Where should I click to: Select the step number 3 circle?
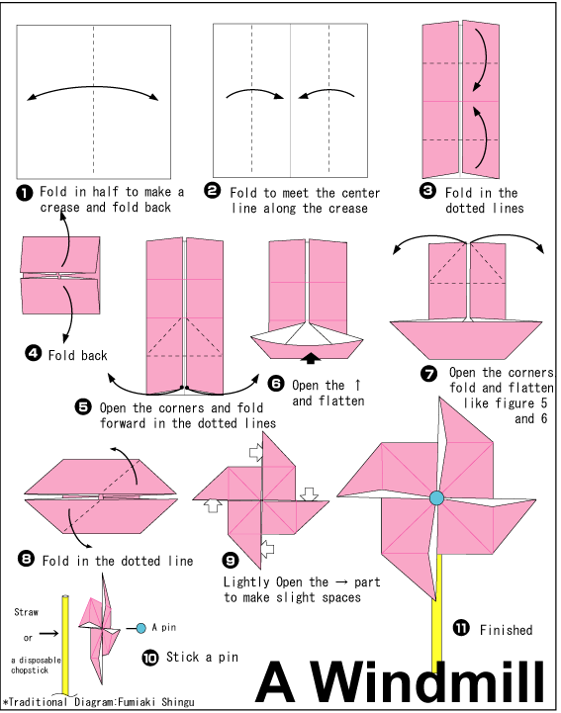(427, 192)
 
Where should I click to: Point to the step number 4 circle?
(32, 353)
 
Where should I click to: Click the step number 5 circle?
(82, 406)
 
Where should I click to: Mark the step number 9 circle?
(231, 560)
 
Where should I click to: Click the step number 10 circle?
(150, 655)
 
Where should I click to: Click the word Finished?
(506, 630)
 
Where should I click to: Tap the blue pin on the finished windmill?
(436, 498)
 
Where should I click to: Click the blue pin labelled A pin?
(143, 627)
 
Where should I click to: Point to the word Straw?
(27, 613)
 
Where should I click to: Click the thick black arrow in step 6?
(313, 357)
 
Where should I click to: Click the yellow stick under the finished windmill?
(436, 613)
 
